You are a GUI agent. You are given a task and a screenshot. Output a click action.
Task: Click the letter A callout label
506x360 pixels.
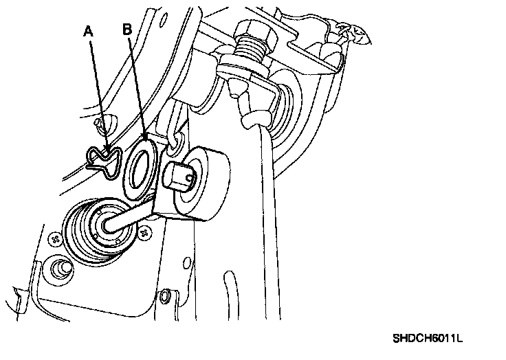[87, 31]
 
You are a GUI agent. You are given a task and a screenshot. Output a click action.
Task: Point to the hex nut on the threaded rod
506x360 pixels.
[250, 32]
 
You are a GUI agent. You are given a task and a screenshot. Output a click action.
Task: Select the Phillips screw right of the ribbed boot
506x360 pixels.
[145, 233]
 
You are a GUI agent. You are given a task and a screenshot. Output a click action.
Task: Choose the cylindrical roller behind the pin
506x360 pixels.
[202, 182]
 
